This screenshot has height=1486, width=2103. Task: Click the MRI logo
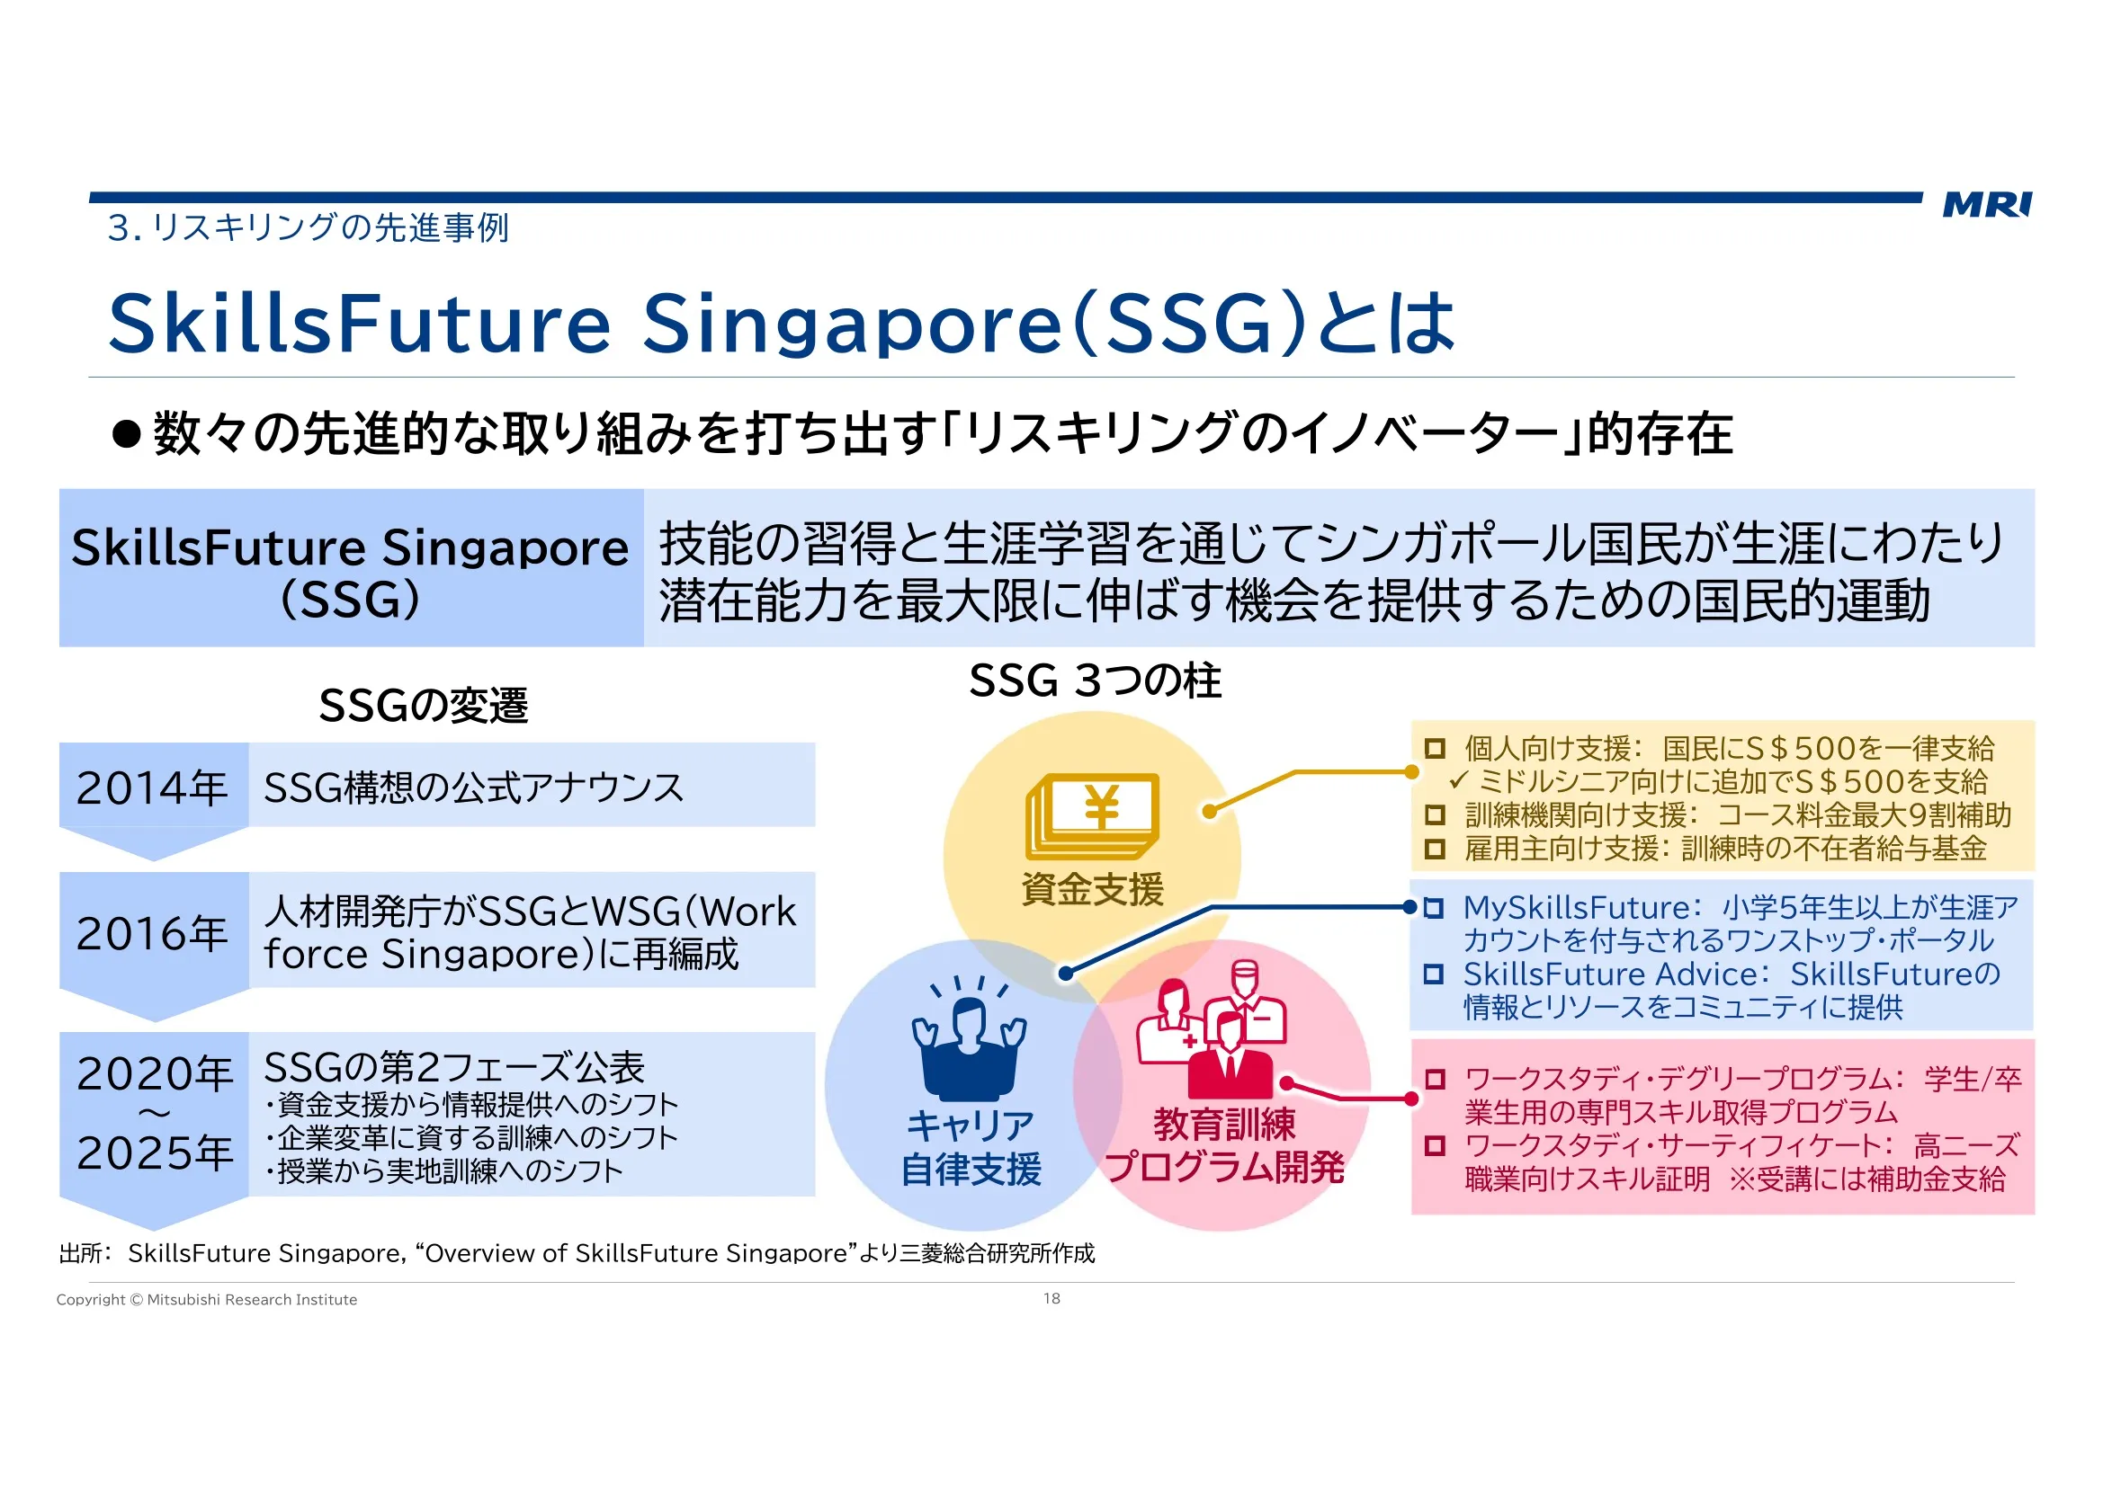pyautogui.click(x=1987, y=204)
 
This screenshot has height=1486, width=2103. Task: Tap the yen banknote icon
pyautogui.click(x=1092, y=814)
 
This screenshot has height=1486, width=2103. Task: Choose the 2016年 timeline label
pyautogui.click(x=152, y=933)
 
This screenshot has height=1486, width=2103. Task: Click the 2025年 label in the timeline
pyautogui.click(x=155, y=1152)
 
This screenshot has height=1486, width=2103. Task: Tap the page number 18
pyautogui.click(x=1051, y=1298)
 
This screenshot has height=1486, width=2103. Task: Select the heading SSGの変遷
pyautogui.click(x=423, y=705)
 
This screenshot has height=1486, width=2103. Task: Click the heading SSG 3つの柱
pyautogui.click(x=1095, y=681)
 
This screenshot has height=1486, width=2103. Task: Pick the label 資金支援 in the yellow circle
pyautogui.click(x=1093, y=889)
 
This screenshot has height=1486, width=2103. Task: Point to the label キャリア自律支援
pyautogui.click(x=971, y=1146)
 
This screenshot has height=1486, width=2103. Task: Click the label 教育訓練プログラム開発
pyautogui.click(x=1224, y=1144)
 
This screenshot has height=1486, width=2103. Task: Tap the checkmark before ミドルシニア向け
pyautogui.click(x=1458, y=780)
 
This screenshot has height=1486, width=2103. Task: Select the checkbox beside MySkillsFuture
pyautogui.click(x=1435, y=907)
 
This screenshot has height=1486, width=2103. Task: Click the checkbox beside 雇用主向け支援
pyautogui.click(x=1435, y=849)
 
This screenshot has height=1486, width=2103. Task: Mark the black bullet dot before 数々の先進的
pyautogui.click(x=127, y=434)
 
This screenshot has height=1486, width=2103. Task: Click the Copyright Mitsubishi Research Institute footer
pyautogui.click(x=207, y=1299)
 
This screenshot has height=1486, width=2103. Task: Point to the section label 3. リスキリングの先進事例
pyautogui.click(x=308, y=227)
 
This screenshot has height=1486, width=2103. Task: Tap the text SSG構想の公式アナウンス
pyautogui.click(x=473, y=787)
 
